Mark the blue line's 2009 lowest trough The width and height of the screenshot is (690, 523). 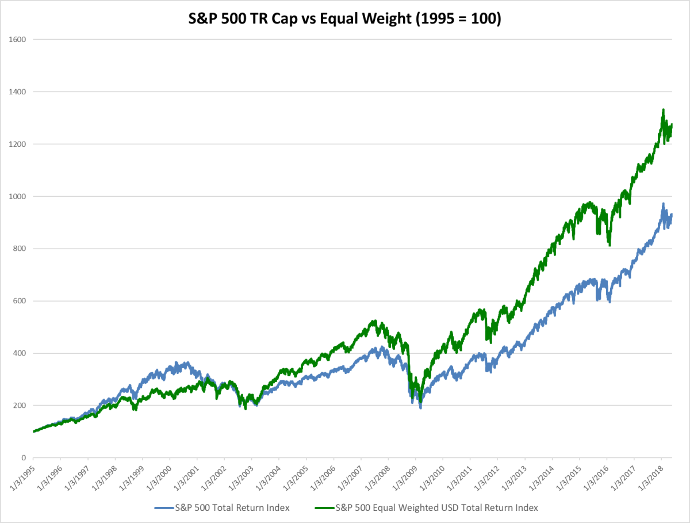coord(421,408)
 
